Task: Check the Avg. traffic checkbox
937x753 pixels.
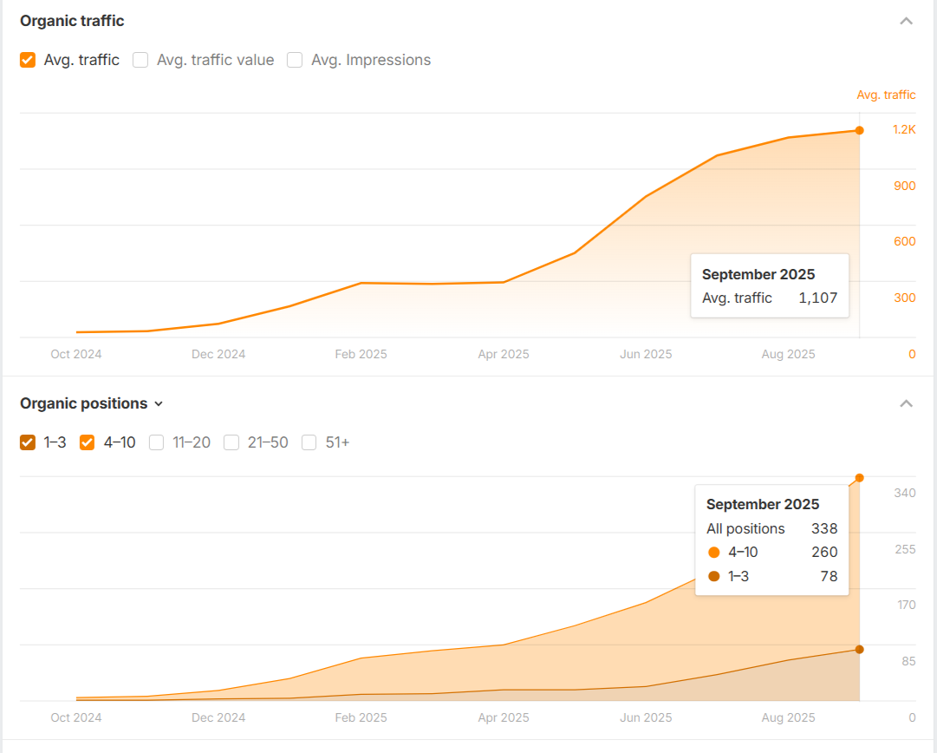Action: [28, 60]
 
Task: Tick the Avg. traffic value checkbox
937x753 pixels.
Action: [140, 60]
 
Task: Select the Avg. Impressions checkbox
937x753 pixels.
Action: [295, 60]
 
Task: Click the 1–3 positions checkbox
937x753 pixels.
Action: [28, 442]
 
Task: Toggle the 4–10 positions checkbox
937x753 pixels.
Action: [87, 442]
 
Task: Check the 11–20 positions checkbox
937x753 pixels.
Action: [156, 442]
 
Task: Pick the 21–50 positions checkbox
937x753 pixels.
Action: [231, 442]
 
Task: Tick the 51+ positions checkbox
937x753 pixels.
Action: [309, 442]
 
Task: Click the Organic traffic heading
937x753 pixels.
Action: [72, 21]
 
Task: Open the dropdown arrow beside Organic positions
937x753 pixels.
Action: [159, 403]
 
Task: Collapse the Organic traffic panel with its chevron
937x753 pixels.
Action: [907, 21]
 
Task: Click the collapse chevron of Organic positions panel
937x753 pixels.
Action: [907, 403]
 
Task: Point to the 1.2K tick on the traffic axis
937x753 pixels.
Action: [904, 129]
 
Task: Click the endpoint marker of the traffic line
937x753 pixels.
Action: [859, 130]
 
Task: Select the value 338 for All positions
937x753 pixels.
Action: [823, 528]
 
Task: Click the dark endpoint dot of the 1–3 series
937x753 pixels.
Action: [859, 649]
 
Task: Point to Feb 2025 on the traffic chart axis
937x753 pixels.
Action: [361, 354]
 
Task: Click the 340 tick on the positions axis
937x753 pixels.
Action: [905, 493]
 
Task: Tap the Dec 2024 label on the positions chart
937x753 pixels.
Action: [218, 717]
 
